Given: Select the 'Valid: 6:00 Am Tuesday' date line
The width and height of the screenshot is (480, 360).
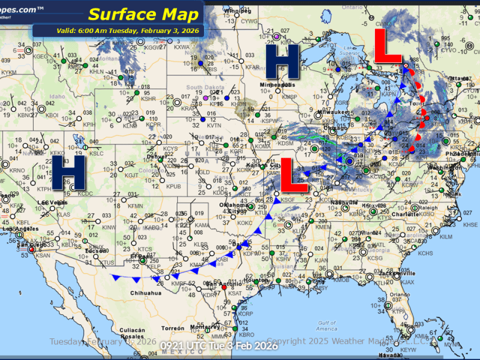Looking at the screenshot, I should (118, 31).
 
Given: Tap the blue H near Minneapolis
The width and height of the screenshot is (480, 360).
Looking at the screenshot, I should (283, 63).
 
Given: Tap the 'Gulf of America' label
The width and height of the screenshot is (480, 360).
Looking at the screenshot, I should (327, 326).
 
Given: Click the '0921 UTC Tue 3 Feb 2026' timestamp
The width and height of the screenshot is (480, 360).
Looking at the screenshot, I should (219, 346).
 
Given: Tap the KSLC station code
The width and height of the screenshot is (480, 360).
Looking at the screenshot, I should (97, 152).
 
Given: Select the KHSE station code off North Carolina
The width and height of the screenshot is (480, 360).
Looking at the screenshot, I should (471, 224).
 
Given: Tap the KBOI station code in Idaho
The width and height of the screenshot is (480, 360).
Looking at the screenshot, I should (52, 115).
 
